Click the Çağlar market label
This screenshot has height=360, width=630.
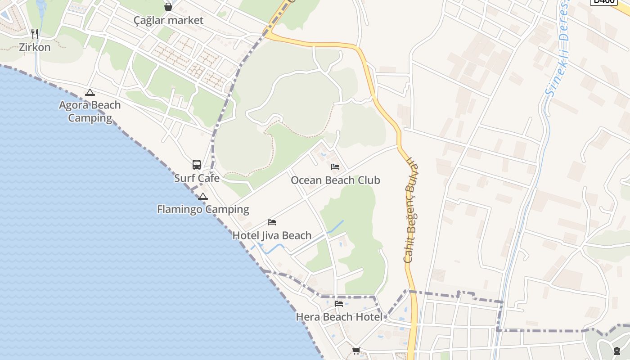click(168, 20)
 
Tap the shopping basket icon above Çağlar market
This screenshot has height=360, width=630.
click(168, 7)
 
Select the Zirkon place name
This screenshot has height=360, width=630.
click(35, 47)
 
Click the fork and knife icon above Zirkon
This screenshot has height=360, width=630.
click(35, 33)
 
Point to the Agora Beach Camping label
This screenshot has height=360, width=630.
click(90, 112)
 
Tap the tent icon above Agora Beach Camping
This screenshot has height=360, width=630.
click(90, 93)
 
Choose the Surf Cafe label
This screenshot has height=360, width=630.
click(197, 178)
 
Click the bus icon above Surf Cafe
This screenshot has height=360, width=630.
click(197, 165)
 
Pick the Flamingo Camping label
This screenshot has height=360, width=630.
click(203, 209)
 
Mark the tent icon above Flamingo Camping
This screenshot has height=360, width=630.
click(203, 196)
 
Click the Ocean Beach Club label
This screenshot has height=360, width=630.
click(335, 180)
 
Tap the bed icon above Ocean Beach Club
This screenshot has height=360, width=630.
click(335, 167)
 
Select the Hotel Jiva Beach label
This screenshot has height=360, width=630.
click(272, 235)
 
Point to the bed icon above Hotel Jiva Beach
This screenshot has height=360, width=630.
click(272, 222)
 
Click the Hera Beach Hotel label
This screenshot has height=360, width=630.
click(339, 317)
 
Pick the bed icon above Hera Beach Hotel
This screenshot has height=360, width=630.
click(339, 304)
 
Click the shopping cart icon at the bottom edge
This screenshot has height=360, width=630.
click(356, 351)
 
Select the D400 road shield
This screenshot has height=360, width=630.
click(603, 1)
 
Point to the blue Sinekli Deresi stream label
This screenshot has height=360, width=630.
click(557, 49)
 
